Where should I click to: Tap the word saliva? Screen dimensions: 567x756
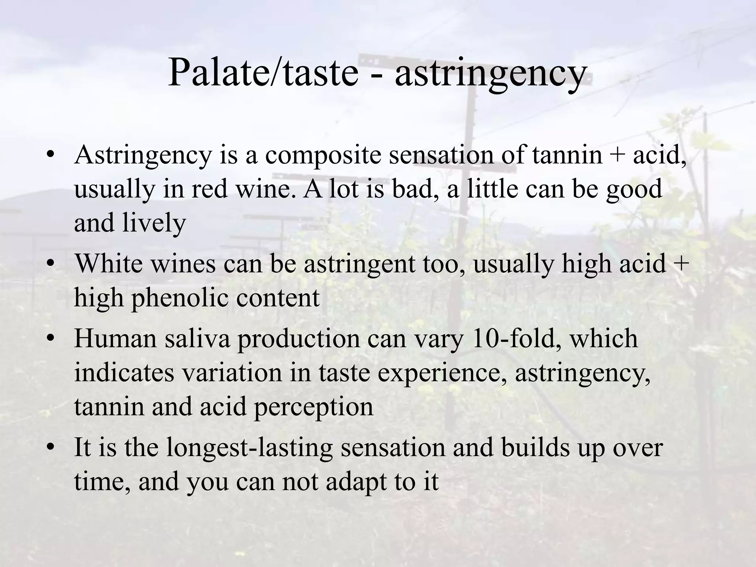tap(197, 339)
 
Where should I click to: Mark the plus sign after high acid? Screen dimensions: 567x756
tap(681, 264)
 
